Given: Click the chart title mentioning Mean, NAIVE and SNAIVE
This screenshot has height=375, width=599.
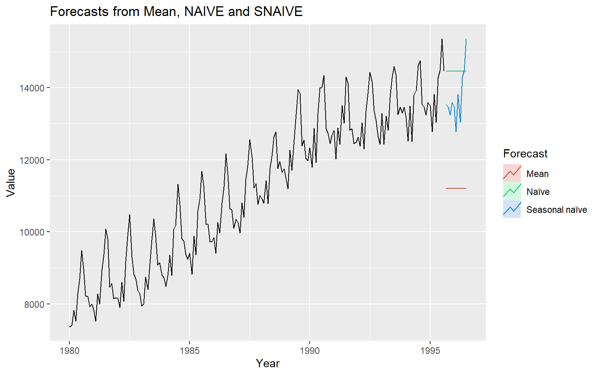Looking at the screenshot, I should (x=176, y=12).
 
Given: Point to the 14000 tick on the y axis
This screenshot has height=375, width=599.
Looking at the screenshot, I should (x=32, y=88).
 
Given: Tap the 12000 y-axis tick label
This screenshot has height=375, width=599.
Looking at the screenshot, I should (x=32, y=160).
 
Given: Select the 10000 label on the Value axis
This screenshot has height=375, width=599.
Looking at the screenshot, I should (x=32, y=232).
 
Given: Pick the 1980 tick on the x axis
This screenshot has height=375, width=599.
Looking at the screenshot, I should (x=69, y=350).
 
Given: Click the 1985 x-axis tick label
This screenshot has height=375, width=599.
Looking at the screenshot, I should (x=190, y=350).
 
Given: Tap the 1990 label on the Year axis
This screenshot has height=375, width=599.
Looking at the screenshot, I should (x=310, y=350).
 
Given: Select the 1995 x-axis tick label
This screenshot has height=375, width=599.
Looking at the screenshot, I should (x=430, y=350).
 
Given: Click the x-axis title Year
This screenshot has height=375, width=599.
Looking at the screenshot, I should (x=268, y=364).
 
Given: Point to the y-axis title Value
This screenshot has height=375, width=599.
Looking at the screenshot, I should (x=11, y=182).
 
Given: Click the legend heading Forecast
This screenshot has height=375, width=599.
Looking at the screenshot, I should (x=525, y=154).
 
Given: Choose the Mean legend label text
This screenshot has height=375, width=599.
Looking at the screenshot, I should (x=537, y=174).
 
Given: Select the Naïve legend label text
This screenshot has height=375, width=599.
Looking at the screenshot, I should (x=538, y=192).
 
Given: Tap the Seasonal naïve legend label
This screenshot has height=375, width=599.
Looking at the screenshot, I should (x=556, y=210).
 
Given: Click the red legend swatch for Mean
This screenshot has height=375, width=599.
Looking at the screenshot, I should (x=512, y=173).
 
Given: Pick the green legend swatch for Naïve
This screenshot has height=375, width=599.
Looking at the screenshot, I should (x=512, y=191).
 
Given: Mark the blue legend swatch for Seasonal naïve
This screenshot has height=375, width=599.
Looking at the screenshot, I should (x=512, y=209).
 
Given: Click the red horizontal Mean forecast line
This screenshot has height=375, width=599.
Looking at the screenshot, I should (x=456, y=188).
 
